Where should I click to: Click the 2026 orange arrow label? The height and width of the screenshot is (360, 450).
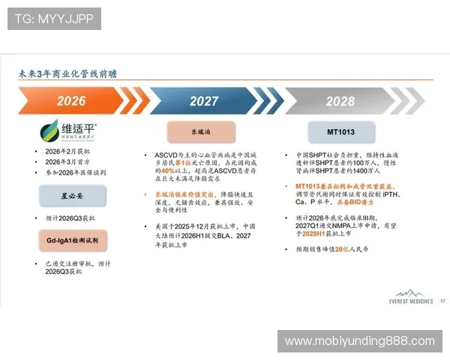tap(71, 101)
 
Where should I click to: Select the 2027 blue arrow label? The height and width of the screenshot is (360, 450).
tap(204, 101)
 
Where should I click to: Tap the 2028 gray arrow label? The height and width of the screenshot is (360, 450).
tap(340, 101)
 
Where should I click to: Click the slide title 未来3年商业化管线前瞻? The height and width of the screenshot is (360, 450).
tap(67, 74)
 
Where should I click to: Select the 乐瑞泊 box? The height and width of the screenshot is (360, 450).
tap(201, 132)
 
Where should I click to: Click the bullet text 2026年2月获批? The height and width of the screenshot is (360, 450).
tap(70, 152)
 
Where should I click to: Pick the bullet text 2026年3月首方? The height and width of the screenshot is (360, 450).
tap(70, 162)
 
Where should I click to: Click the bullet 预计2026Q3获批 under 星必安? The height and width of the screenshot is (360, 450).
tap(75, 218)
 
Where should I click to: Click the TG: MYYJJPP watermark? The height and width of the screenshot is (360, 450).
tap(54, 18)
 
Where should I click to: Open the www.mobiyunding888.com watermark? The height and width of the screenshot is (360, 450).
tap(359, 341)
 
